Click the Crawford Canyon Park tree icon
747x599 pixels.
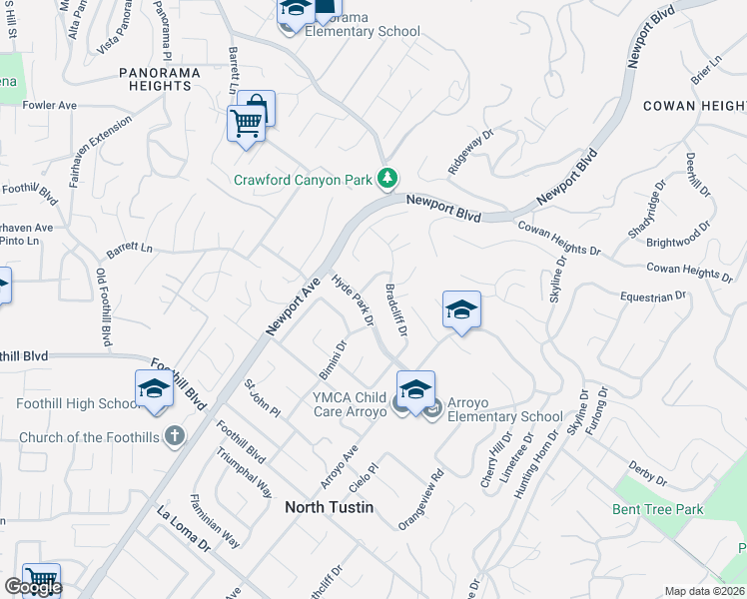pyautogui.click(x=387, y=180)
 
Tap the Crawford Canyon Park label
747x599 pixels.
pyautogui.click(x=303, y=181)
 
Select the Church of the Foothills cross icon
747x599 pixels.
pyautogui.click(x=174, y=436)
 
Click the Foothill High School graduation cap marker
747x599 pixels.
pyautogui.click(x=154, y=389)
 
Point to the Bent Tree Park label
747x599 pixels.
pyautogui.click(x=657, y=509)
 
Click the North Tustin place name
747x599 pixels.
pyautogui.click(x=329, y=507)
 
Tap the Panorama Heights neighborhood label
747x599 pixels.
pyautogui.click(x=160, y=79)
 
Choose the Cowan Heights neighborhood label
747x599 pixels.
pyautogui.click(x=694, y=106)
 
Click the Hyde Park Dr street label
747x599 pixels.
pyautogui.click(x=352, y=299)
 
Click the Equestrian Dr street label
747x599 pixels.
pyautogui.click(x=653, y=296)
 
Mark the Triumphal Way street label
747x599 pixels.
pyautogui.click(x=245, y=472)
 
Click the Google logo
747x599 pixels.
pyautogui.click(x=32, y=587)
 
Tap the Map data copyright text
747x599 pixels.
pyautogui.click(x=705, y=591)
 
